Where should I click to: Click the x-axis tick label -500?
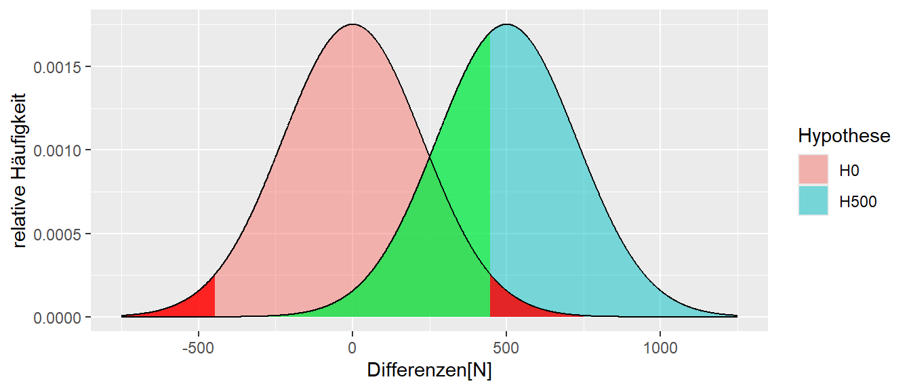coord(197,349)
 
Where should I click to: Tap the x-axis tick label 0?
coord(352,349)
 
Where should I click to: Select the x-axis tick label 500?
coord(506,349)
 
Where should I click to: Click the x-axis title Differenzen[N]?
coord(429,370)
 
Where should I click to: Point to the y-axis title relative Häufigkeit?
coord(20,171)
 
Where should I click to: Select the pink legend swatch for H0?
coord(813,171)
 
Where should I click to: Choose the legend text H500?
coord(858,201)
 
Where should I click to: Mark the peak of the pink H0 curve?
coord(352,25)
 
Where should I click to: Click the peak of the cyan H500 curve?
coord(506,25)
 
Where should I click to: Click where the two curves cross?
coord(429,158)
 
